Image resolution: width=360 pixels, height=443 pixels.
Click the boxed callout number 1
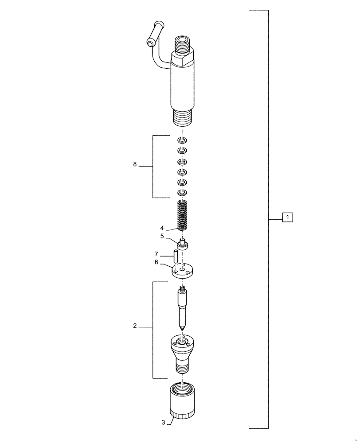287,218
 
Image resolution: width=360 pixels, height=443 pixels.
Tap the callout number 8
135,165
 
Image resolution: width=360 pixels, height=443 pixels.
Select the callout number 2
135,326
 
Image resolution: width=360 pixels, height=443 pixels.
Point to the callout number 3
163,423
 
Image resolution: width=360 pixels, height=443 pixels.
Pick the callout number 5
162,237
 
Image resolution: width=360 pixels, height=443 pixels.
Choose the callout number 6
156,262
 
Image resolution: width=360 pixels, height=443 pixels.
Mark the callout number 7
156,254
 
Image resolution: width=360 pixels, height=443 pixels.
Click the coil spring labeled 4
183,215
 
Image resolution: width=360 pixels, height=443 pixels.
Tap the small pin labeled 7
175,256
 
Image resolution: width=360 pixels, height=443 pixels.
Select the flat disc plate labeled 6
183,270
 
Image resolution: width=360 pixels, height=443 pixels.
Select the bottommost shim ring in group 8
182,192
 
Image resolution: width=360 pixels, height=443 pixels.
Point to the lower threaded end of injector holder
182,118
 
